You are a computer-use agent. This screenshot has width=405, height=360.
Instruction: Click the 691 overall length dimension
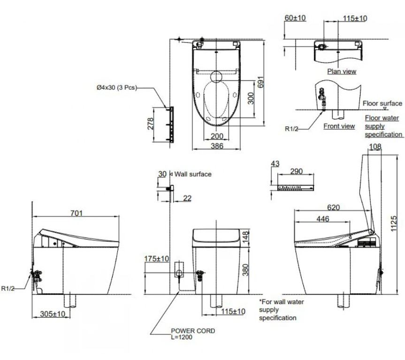tap(261, 82)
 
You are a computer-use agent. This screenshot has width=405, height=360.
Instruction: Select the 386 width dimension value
tap(217, 146)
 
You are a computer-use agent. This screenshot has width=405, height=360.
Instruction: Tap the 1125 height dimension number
tap(393, 223)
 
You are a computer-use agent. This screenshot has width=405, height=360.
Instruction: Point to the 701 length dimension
tap(76, 213)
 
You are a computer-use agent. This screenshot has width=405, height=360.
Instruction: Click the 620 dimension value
tap(334, 207)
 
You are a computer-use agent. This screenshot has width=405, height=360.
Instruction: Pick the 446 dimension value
tap(323, 219)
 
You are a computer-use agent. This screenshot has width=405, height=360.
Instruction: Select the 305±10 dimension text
tap(53, 314)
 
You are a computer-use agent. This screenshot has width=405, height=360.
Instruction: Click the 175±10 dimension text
tap(157, 259)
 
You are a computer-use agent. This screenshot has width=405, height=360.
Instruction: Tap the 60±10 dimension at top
tap(295, 18)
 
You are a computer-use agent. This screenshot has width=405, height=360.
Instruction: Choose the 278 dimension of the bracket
tap(150, 124)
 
